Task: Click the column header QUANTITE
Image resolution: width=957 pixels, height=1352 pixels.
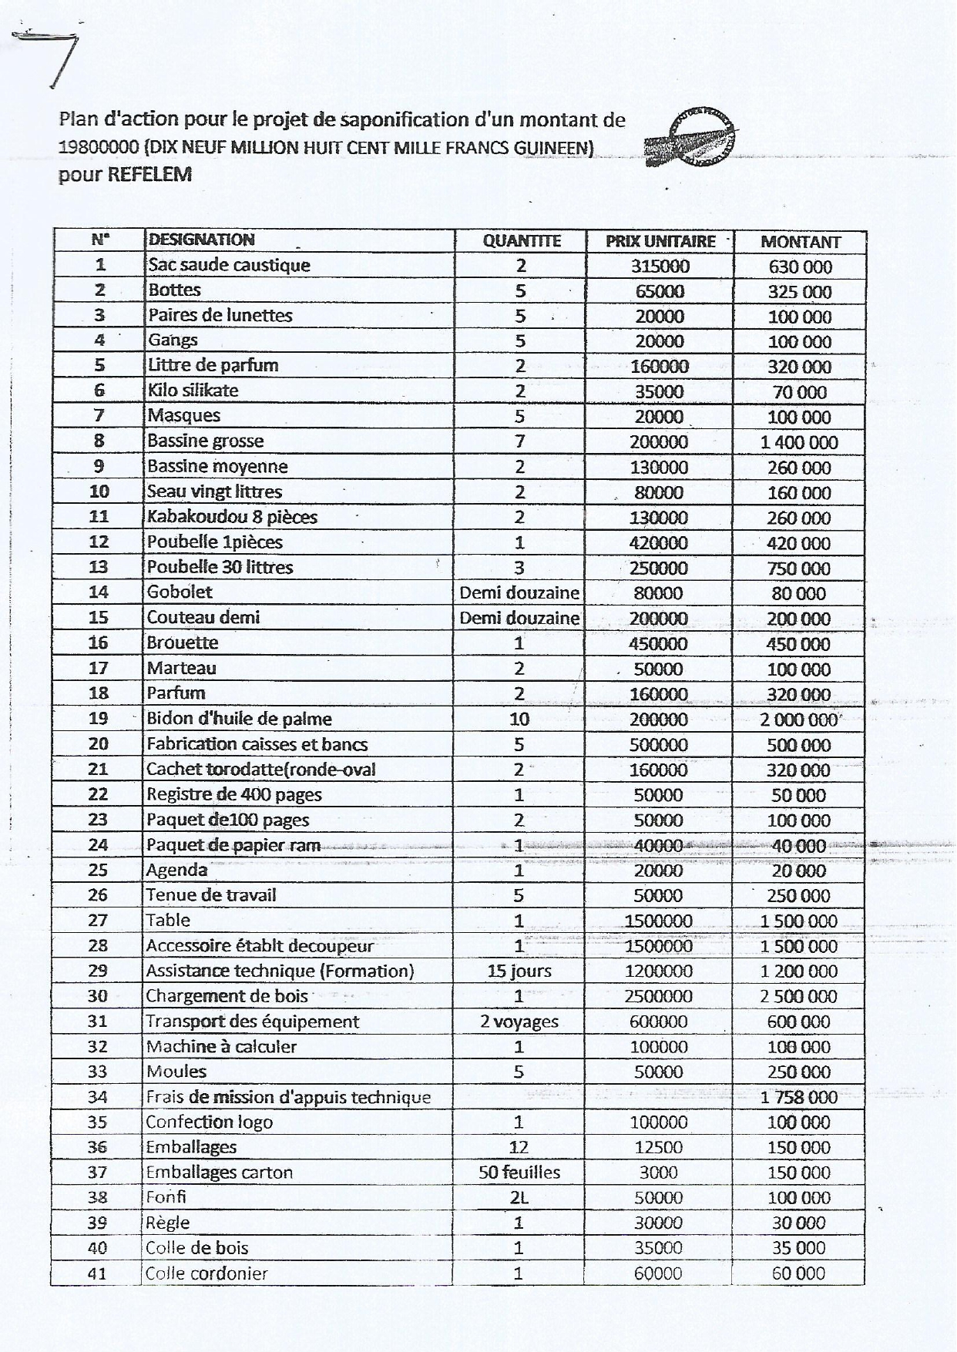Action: pyautogui.click(x=521, y=241)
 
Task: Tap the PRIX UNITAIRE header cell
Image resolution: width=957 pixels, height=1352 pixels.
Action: pyautogui.click(x=660, y=241)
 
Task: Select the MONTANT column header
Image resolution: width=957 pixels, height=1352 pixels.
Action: pyautogui.click(x=800, y=242)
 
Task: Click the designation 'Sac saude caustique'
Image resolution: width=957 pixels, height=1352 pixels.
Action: pyautogui.click(x=229, y=265)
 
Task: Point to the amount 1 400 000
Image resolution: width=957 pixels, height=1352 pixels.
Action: pyautogui.click(x=799, y=442)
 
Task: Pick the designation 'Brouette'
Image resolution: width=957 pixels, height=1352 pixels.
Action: pyautogui.click(x=183, y=642)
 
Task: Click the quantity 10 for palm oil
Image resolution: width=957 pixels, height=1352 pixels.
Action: pyautogui.click(x=519, y=719)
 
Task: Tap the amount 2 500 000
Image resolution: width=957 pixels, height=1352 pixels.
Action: pyautogui.click(x=798, y=996)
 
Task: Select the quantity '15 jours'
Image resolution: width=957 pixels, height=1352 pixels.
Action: pyautogui.click(x=519, y=971)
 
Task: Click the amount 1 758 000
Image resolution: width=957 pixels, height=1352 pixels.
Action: pyautogui.click(x=798, y=1097)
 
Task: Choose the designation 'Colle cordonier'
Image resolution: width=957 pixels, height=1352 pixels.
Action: pyautogui.click(x=207, y=1273)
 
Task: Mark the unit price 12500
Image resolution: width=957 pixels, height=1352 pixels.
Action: pyautogui.click(x=658, y=1147)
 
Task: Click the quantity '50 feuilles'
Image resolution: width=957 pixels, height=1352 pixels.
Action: pyautogui.click(x=519, y=1173)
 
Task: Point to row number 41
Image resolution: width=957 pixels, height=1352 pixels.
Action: pyautogui.click(x=97, y=1273)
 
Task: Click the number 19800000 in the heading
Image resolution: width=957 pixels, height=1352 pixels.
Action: pyautogui.click(x=99, y=146)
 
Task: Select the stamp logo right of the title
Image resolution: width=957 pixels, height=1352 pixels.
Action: pyautogui.click(x=690, y=137)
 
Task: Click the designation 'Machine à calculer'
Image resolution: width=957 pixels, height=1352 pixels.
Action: pyautogui.click(x=221, y=1046)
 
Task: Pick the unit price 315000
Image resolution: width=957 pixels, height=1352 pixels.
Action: pyautogui.click(x=660, y=267)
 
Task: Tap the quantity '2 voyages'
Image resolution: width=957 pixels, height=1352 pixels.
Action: pyautogui.click(x=519, y=1022)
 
